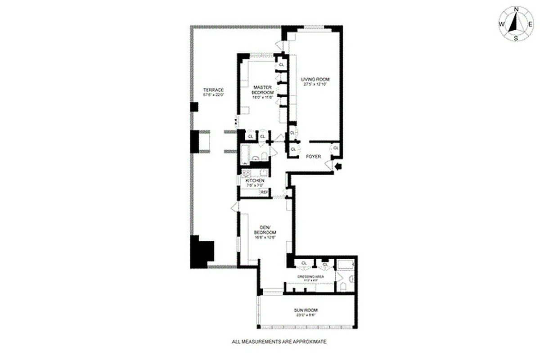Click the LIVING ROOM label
coord(314,80)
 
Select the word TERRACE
coord(213,90)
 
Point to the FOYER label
coord(313,157)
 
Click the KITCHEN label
coord(255,180)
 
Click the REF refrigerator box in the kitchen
coord(265,193)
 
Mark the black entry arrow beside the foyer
coord(338,166)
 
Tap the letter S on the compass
coord(517,38)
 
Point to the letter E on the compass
coord(531,24)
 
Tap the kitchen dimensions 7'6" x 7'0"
coord(255,185)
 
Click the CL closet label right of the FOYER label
coord(336,148)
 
